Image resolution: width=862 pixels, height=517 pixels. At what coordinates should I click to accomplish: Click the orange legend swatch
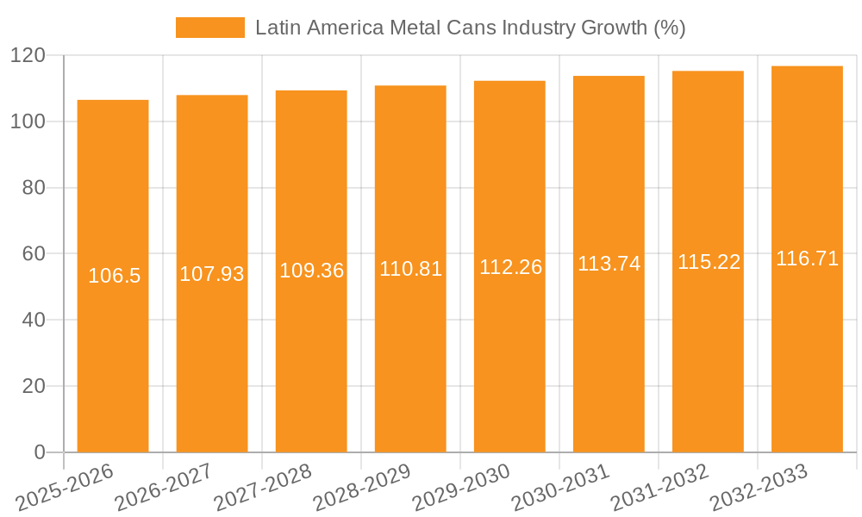click(209, 28)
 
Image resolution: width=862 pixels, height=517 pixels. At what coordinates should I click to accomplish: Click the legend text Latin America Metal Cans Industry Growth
click(470, 28)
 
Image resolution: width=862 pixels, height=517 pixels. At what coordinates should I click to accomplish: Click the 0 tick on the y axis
click(39, 452)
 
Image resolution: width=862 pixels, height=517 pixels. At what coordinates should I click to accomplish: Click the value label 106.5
click(114, 276)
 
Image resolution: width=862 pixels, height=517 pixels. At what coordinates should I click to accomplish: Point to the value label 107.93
click(212, 274)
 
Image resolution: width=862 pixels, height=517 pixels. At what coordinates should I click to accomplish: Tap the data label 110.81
click(411, 269)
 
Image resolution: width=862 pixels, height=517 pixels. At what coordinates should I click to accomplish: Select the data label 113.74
click(609, 265)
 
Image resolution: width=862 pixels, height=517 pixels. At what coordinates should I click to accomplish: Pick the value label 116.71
click(808, 258)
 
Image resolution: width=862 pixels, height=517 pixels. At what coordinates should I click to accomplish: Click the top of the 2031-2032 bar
click(708, 72)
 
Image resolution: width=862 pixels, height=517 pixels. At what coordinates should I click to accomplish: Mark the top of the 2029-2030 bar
click(509, 81)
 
